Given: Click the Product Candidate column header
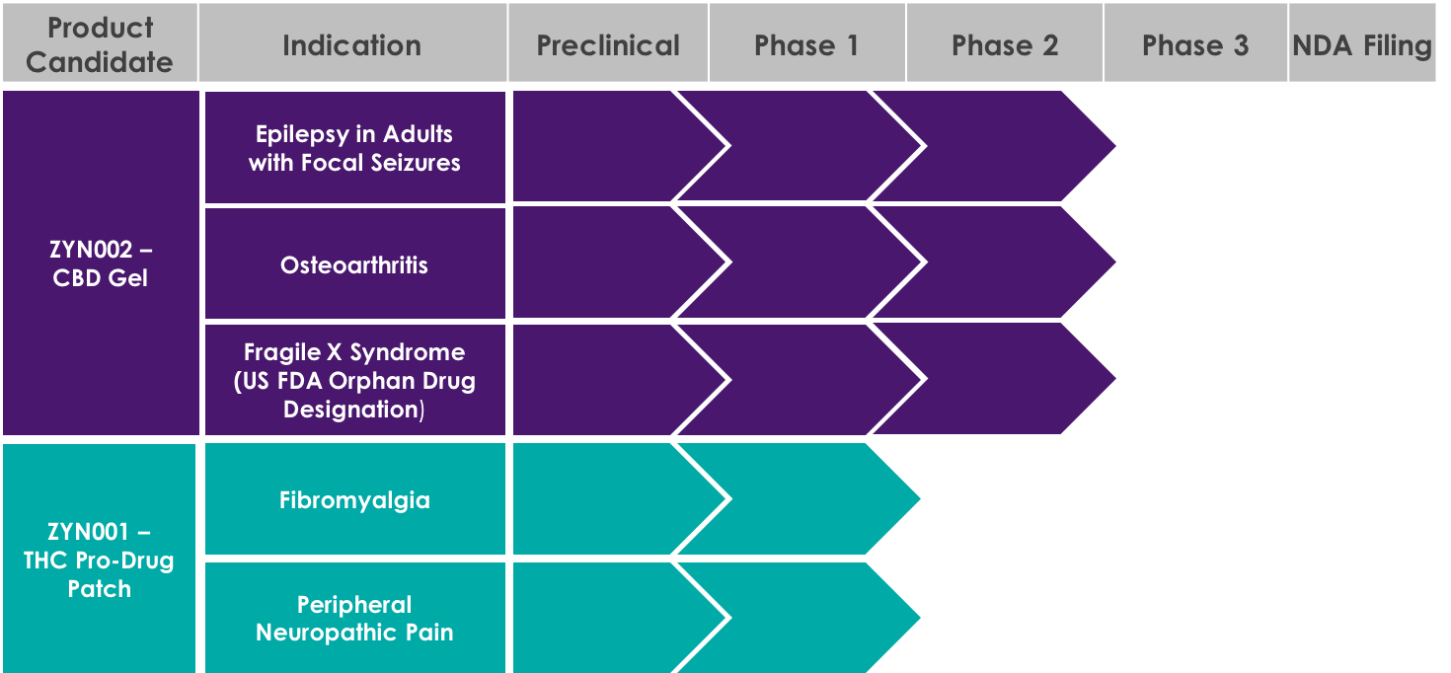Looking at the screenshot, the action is pos(100,42).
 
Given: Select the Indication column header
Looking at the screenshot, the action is pos(352,42).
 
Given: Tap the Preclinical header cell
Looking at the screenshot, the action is pos(608,42).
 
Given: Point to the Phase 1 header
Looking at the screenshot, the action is pos(807,42).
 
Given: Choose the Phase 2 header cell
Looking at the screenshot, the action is pos(1005,42).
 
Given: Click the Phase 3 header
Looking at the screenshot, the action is pos(1195,42).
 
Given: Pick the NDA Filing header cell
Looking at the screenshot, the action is pos(1362,42).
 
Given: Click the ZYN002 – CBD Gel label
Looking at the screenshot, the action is pos(101,262).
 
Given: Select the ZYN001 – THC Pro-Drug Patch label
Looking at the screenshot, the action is pos(99,559).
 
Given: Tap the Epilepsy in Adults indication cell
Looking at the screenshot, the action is pos(355,148).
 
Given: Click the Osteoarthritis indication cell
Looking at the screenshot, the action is pos(355,263).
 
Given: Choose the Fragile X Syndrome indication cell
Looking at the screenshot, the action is pos(355,380).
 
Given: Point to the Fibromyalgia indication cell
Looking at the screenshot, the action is pos(355,499).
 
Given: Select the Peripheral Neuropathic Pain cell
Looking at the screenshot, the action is pos(355,618).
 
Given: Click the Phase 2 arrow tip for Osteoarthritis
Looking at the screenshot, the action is pos(1114,262).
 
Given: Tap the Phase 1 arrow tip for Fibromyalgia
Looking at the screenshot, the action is pos(919,498).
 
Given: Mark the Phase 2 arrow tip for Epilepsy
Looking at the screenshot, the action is pos(1114,146).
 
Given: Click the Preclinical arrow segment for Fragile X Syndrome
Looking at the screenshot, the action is pos(615,380).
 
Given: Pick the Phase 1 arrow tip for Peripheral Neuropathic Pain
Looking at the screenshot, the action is pos(919,618).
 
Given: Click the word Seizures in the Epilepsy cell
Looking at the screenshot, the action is pos(416,163).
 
